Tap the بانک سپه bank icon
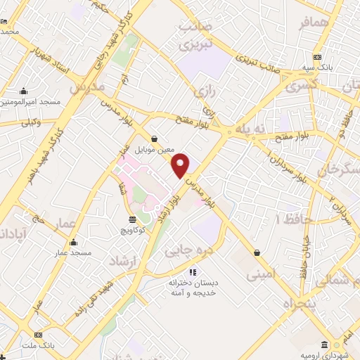click(318, 57)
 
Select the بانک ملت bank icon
click(37, 335)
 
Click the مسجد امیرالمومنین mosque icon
click(25, 91)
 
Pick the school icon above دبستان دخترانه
click(193, 272)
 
